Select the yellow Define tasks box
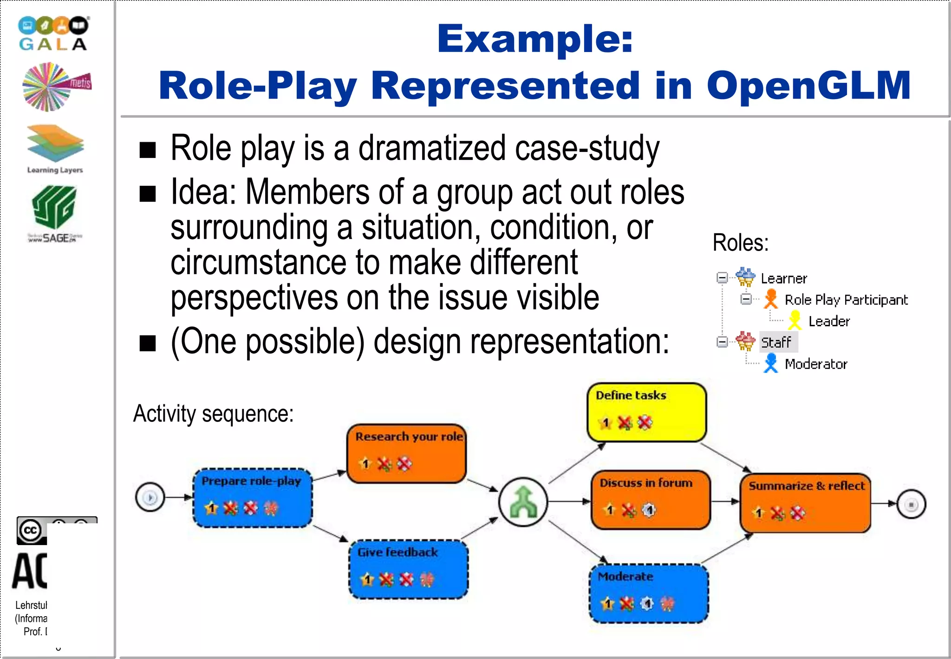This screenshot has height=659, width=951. tap(646, 412)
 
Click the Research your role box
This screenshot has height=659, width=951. tap(407, 453)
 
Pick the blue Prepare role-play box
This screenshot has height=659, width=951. tap(253, 498)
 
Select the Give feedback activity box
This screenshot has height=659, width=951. tap(409, 569)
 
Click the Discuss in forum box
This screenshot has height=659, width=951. tap(651, 500)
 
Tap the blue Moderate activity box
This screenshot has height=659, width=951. tap(649, 593)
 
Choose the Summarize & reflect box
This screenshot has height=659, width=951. tap(805, 503)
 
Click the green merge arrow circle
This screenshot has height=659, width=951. tap(523, 502)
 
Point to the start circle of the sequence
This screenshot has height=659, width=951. tap(150, 497)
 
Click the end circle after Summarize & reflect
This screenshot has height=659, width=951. tap(911, 504)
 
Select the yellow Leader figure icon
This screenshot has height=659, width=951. tap(795, 320)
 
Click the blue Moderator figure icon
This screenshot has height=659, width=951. tap(771, 363)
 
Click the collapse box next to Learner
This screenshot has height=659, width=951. tap(722, 278)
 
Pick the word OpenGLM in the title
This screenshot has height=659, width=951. tap(808, 86)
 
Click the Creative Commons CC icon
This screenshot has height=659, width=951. tap(31, 530)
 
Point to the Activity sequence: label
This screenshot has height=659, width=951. tap(214, 413)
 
